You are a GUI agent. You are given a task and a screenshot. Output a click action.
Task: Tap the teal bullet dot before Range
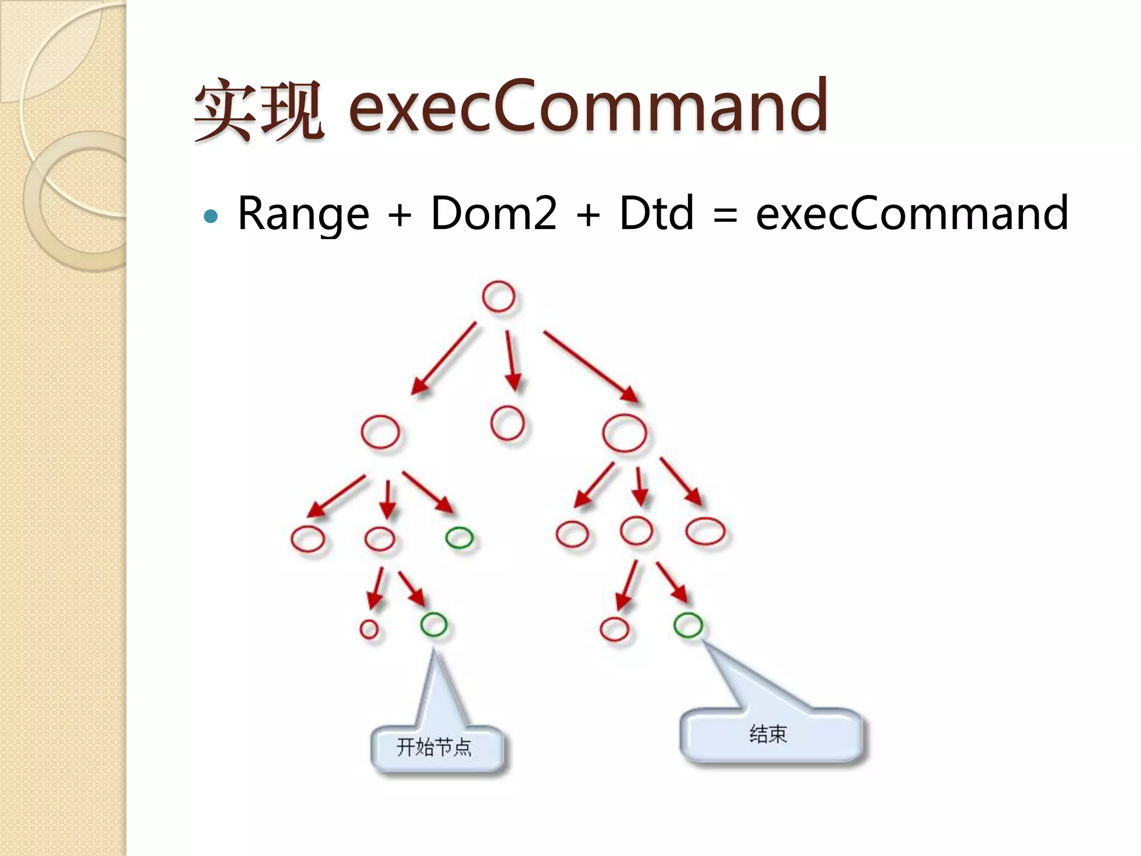(211, 216)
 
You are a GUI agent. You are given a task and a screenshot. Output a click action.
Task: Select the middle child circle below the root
(507, 423)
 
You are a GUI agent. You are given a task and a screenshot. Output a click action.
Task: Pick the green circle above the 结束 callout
(688, 625)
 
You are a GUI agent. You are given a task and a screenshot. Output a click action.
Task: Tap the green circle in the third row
(460, 537)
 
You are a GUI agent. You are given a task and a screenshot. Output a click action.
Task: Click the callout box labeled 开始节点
(437, 748)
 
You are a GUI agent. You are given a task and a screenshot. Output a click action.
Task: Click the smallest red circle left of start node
(369, 629)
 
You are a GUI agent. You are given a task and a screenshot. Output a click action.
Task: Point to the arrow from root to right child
(591, 366)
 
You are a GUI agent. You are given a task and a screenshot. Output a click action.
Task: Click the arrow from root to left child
(444, 358)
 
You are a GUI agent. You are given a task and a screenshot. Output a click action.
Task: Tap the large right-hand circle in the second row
(625, 433)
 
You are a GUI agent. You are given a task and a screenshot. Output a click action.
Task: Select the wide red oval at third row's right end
(705, 531)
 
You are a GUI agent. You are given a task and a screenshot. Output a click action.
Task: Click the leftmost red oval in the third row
(308, 538)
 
